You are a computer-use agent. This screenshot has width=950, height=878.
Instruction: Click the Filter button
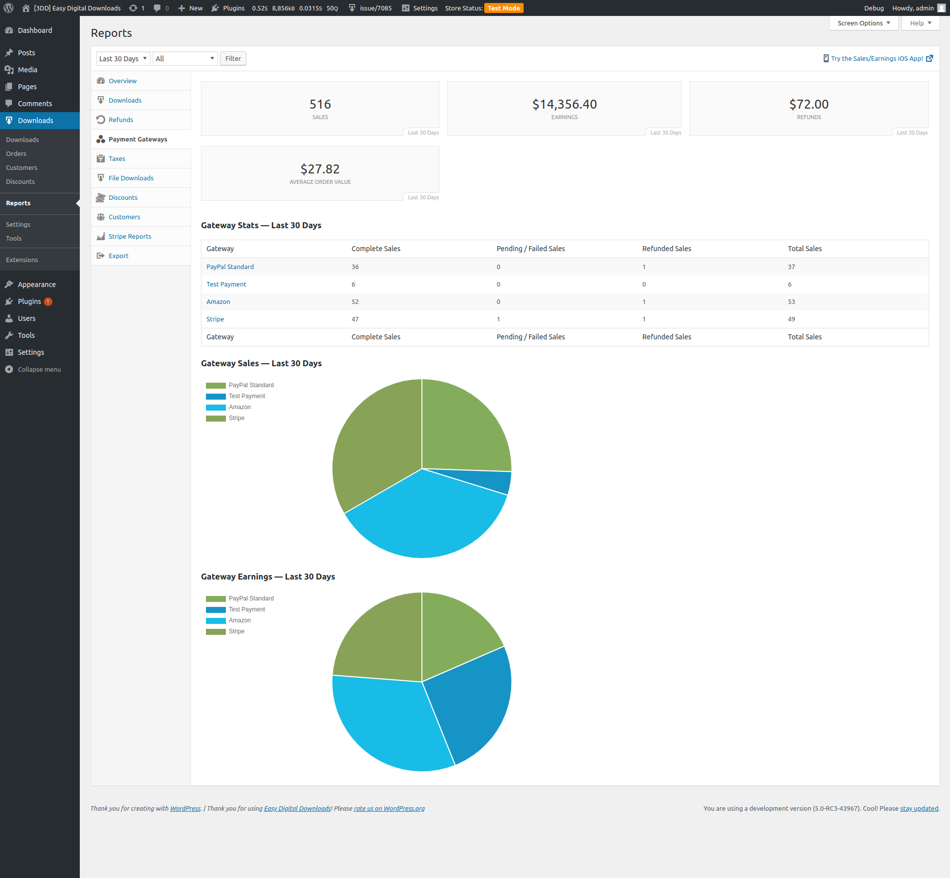point(233,59)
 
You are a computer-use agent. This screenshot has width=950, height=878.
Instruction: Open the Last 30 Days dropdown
point(123,59)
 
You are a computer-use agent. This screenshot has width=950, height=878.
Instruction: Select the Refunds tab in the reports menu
point(121,120)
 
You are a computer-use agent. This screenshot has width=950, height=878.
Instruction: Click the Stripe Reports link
point(130,237)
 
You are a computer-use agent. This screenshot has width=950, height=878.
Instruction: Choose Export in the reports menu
point(118,256)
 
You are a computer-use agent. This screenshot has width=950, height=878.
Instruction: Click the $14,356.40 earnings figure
point(564,104)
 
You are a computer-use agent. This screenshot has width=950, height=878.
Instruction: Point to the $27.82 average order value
point(320,169)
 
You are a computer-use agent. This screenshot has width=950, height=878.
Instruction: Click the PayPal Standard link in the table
point(230,267)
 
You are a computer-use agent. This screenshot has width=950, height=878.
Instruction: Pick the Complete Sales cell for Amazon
point(355,302)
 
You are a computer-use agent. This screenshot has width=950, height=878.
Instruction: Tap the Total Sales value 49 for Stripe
point(791,319)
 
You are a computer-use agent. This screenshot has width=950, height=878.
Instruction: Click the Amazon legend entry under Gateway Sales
point(239,408)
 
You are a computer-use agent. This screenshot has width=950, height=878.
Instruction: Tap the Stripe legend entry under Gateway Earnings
point(236,632)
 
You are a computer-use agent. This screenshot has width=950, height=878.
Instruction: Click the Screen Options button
point(863,23)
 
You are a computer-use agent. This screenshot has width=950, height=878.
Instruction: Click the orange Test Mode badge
point(504,8)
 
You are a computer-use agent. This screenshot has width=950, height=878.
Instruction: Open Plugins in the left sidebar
point(29,301)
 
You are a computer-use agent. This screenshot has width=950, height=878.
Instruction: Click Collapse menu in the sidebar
point(39,370)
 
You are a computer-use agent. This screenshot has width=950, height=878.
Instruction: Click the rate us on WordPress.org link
point(389,809)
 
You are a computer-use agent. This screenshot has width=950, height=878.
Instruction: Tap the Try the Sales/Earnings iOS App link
point(877,59)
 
